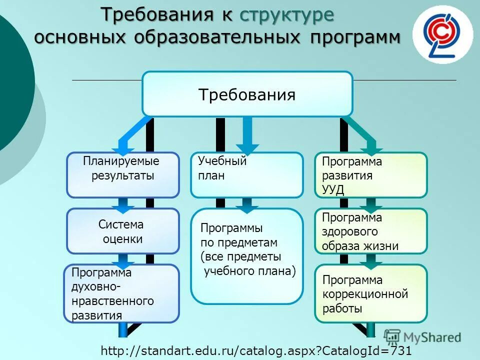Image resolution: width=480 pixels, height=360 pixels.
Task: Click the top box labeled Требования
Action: tap(247, 94)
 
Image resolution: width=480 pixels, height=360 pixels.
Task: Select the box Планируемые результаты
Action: tap(122, 174)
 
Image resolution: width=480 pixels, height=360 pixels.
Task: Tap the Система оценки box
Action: tap(122, 231)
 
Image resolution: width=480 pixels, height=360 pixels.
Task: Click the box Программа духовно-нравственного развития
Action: tap(121, 293)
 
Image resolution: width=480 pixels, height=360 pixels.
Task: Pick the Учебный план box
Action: tap(246, 174)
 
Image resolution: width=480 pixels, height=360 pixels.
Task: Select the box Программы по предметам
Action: tap(246, 256)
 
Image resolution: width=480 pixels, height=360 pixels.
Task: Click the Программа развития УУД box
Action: tap(370, 174)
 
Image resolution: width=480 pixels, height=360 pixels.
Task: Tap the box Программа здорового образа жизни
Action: tap(370, 231)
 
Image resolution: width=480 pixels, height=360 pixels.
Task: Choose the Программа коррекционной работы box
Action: tap(370, 293)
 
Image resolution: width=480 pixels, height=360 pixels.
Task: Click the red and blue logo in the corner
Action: tap(442, 34)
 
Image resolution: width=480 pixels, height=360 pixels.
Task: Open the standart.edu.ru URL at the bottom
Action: tap(256, 351)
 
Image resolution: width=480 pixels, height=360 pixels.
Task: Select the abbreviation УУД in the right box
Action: tap(333, 189)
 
